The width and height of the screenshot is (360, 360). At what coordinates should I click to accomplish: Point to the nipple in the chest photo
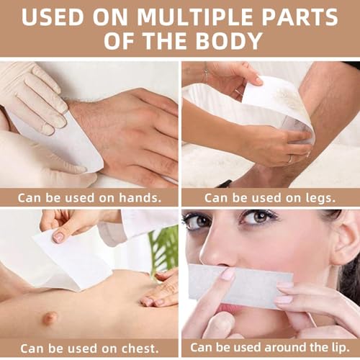(x=50, y=317)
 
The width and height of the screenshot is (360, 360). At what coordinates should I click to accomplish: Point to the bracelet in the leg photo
(x=207, y=73)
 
